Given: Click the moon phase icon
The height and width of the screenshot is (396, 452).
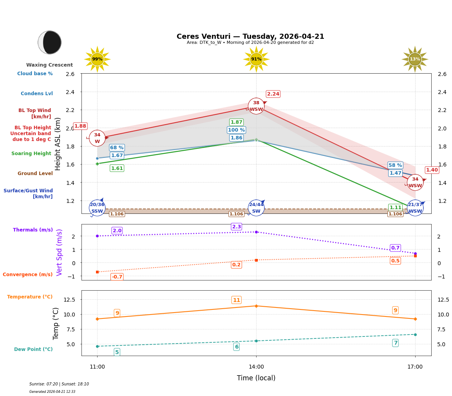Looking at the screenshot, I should click(x=50, y=42).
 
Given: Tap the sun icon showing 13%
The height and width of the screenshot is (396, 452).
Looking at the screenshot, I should click(x=415, y=59).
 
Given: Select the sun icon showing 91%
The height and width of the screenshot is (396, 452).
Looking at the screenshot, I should click(x=256, y=59).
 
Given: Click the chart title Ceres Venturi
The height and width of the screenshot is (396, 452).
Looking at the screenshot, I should click(x=250, y=36).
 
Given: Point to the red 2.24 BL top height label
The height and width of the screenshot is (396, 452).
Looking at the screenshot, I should click(x=273, y=94).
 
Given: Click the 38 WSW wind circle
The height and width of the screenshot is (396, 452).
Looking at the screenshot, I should click(x=256, y=106).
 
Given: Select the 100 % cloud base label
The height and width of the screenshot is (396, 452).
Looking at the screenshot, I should click(x=236, y=130).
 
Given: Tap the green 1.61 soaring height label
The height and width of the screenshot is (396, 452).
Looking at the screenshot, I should click(x=117, y=168).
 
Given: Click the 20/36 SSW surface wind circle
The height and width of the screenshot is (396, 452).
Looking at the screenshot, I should click(x=97, y=208).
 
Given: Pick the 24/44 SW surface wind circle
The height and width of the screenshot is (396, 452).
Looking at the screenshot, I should click(x=256, y=208).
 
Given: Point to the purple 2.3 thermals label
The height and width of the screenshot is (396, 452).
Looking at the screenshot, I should click(x=237, y=227).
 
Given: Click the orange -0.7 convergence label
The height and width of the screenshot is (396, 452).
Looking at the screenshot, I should click(x=117, y=277).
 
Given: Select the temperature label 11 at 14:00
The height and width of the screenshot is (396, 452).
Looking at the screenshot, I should click(x=237, y=300).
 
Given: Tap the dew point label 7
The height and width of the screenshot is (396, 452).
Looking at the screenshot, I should click(x=395, y=343).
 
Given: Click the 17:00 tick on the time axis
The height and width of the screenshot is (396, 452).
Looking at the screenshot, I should click(x=415, y=367).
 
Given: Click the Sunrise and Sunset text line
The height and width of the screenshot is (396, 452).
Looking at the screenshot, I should click(x=59, y=384).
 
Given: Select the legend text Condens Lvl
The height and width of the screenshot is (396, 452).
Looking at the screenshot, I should click(x=37, y=94).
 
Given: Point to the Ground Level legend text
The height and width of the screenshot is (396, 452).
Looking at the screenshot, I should click(x=35, y=174).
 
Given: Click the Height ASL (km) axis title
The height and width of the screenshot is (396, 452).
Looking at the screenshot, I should click(x=58, y=144).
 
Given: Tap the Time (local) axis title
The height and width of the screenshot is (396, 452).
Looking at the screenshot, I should click(x=256, y=378).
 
